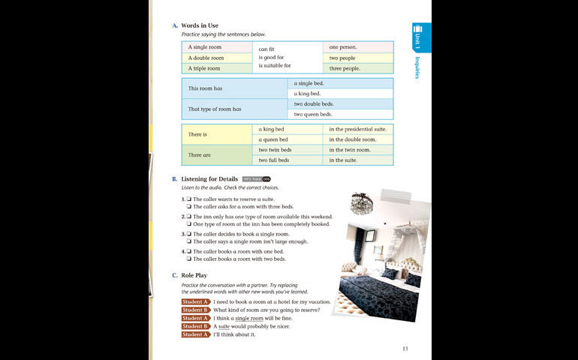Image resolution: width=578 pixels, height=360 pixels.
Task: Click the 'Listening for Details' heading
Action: coord(209,178)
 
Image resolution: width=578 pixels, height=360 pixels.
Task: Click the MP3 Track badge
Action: coord(256,179)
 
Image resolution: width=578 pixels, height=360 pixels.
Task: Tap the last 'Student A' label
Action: coord(195,334)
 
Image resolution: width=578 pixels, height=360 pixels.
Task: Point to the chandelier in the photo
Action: coord(363,202)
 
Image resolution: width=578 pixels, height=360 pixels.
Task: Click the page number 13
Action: coord(405,349)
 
